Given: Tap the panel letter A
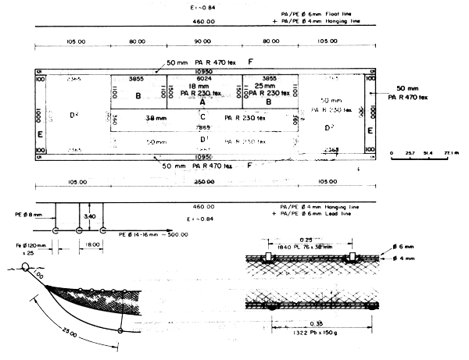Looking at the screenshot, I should tap(202, 102).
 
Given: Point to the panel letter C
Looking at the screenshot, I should tap(202, 117).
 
